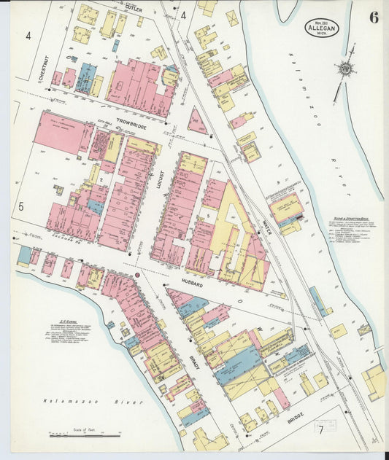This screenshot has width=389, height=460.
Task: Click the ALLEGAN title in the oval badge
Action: pyautogui.click(x=321, y=30)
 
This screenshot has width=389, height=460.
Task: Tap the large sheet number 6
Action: pyautogui.click(x=373, y=18)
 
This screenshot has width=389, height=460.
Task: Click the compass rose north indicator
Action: pyautogui.click(x=344, y=69)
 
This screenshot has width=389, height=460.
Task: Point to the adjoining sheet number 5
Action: pyautogui.click(x=21, y=207)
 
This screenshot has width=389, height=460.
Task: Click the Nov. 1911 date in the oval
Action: pyautogui.click(x=321, y=23)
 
